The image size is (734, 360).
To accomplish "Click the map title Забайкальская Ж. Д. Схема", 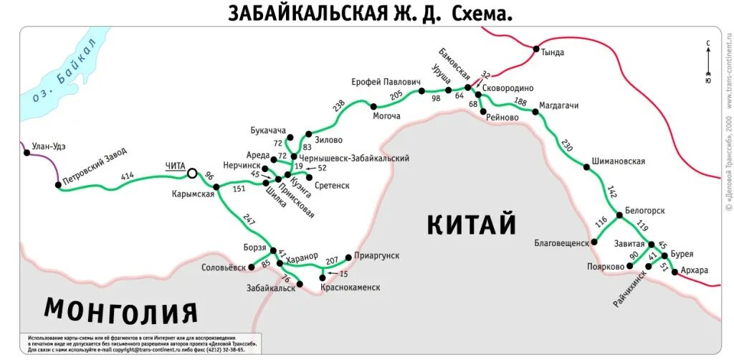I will pos(371,13).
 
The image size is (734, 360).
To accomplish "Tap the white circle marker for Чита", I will pos(191,173).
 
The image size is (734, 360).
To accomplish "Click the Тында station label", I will pos(553,52).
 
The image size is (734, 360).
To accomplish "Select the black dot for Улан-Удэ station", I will pos(27,153).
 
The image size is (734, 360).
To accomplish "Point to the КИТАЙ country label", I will pos(472,224).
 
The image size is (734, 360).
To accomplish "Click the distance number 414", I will pos(128,176).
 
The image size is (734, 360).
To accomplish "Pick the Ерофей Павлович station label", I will pos(385,82).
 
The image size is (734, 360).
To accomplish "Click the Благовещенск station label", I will pos(561,242).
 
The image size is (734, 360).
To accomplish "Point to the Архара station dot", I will pos(675,272).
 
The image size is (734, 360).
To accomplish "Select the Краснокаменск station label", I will pos(351,287).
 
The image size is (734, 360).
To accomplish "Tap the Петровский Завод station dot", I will pos(58,185).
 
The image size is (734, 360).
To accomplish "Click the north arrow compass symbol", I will pos(708,61).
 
